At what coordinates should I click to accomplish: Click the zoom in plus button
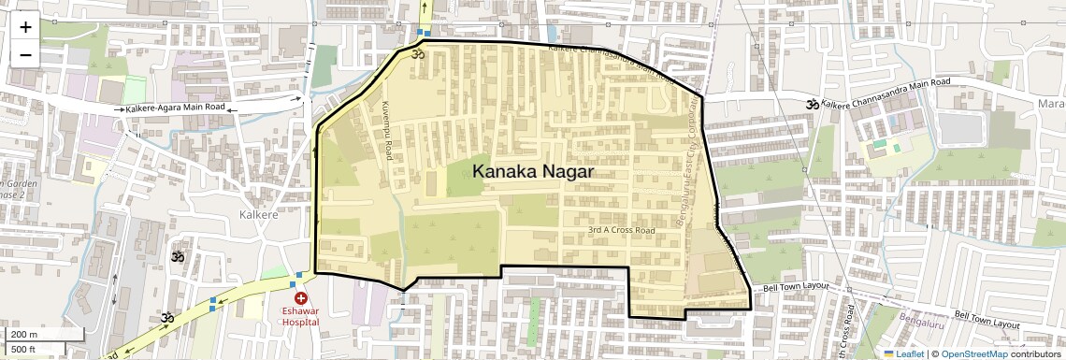[25, 27]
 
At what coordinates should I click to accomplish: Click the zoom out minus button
[25, 54]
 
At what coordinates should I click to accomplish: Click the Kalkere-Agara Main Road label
[176, 108]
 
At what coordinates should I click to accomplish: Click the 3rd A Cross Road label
[622, 230]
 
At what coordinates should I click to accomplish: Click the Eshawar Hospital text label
[300, 316]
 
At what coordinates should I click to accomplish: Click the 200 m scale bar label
[24, 334]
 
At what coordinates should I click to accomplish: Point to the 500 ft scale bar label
[24, 349]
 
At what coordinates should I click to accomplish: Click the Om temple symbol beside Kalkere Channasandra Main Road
[812, 105]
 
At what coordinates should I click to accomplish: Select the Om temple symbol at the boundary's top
[418, 55]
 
